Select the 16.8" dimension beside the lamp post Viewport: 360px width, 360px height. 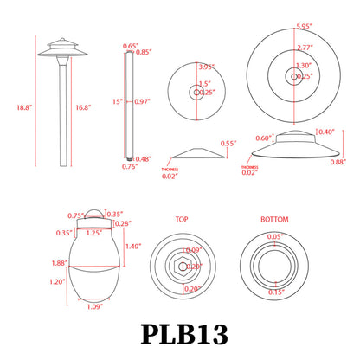pyautogui.click(x=82, y=107)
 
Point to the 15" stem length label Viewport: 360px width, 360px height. pyautogui.click(x=117, y=102)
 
